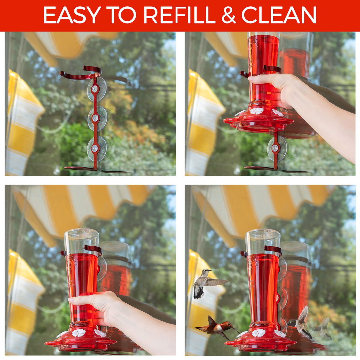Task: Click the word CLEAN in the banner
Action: [x=279, y=15]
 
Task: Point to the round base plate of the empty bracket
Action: [x=79, y=169]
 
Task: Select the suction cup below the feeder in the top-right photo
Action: [x=277, y=148]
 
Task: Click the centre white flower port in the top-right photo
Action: [x=257, y=111]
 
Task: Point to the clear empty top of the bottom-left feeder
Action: [x=82, y=241]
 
